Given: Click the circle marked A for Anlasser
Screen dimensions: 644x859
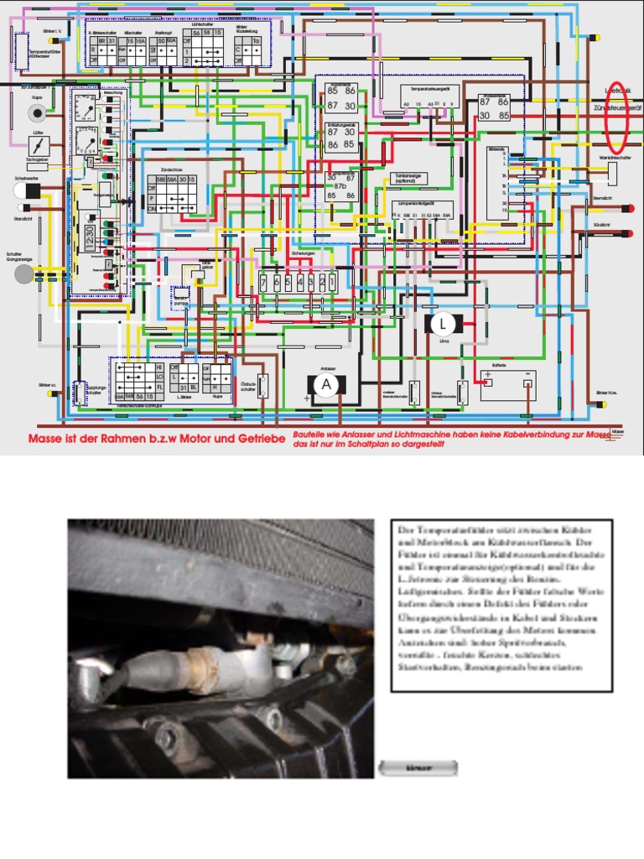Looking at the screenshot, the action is coord(326,385).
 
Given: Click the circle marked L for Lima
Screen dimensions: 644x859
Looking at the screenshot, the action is coord(443,324).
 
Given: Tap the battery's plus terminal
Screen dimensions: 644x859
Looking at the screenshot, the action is coord(488,383).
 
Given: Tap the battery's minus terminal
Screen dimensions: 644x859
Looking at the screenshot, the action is coord(527,383).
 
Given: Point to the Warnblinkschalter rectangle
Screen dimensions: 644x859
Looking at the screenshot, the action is coord(613,173).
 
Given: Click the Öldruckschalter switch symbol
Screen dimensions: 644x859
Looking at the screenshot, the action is coord(262,385).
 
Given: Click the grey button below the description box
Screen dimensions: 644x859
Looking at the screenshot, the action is coord(418,768).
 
